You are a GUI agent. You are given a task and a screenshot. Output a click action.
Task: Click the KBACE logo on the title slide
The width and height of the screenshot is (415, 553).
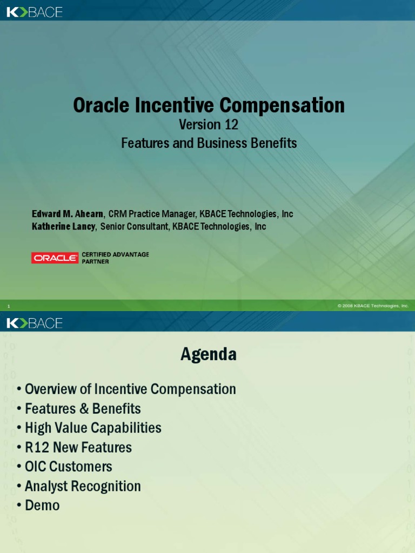click(35, 12)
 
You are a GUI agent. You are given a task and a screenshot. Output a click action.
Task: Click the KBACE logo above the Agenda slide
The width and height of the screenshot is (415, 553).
click(35, 323)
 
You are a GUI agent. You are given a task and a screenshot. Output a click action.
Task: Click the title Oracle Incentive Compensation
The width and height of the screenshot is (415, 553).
click(209, 105)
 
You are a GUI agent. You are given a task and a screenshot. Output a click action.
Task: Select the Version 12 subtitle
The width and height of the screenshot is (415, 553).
click(209, 125)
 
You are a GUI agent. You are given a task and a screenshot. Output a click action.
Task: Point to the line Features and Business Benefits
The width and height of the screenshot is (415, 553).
click(209, 143)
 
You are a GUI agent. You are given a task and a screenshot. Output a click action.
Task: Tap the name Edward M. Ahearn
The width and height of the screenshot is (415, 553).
click(68, 214)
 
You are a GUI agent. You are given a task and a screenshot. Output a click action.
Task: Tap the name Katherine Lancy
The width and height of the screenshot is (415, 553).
click(64, 226)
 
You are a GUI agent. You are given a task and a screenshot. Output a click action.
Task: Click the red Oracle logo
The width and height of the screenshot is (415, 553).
click(55, 258)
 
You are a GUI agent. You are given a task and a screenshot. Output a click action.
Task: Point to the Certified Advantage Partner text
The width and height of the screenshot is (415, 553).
click(115, 258)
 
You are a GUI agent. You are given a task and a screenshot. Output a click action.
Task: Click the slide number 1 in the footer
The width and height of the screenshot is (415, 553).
click(9, 306)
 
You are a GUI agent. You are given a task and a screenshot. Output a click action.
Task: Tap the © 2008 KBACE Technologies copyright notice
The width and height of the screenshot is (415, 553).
click(373, 306)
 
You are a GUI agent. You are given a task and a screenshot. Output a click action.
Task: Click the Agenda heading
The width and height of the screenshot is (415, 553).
click(209, 354)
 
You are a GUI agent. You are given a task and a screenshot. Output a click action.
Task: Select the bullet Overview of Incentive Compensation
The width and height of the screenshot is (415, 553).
click(130, 389)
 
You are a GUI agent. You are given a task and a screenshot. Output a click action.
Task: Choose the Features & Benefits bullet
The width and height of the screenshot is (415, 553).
click(83, 408)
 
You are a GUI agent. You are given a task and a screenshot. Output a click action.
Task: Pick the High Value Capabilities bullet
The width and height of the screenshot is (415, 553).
click(93, 428)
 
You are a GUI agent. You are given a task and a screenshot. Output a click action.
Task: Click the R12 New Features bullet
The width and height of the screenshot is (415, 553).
click(78, 447)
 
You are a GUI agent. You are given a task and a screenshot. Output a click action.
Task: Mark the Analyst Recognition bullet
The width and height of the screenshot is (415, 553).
click(83, 486)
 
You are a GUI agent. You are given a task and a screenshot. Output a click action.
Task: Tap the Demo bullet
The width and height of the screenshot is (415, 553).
click(42, 505)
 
